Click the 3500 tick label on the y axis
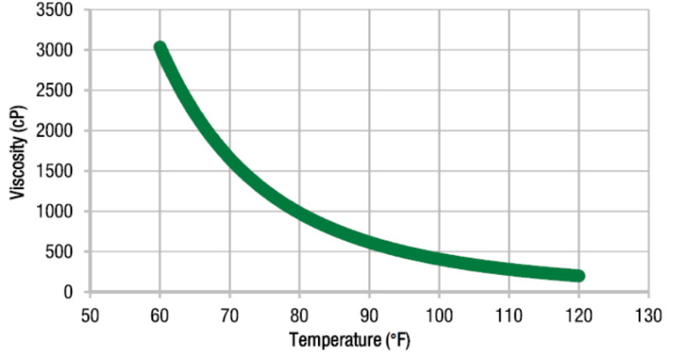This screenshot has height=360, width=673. [55, 10]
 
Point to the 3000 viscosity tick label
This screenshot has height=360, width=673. [55, 50]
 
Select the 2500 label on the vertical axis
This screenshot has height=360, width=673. [55, 91]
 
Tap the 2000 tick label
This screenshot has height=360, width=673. [55, 131]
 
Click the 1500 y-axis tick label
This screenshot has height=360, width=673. [55, 172]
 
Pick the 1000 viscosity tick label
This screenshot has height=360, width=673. [55, 212]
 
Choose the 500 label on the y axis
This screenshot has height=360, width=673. [59, 252]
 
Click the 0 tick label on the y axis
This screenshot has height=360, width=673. [67, 292]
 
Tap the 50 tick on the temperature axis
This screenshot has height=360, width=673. [90, 315]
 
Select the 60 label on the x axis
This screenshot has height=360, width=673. [160, 315]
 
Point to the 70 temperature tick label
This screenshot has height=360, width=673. [230, 315]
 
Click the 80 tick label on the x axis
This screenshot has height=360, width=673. [299, 315]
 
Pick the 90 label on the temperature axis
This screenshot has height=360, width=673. [369, 315]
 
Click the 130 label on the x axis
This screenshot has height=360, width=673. [648, 315]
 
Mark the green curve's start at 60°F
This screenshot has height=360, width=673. [160, 49]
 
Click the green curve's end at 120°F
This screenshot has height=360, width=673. [578, 276]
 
